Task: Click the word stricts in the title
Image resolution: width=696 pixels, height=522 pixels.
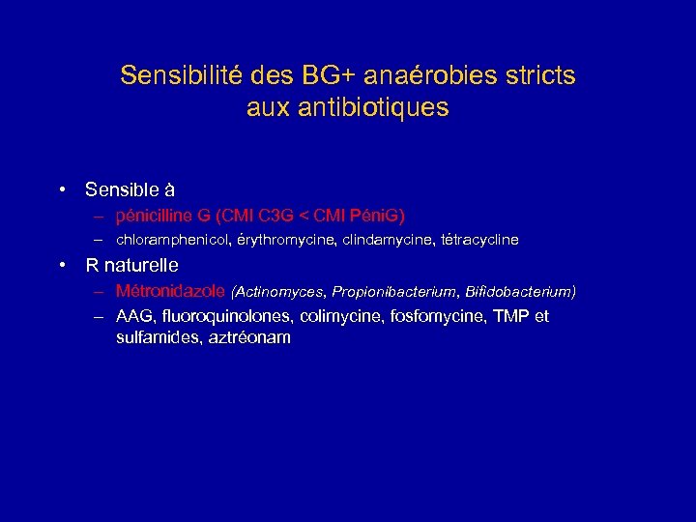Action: pos(544,75)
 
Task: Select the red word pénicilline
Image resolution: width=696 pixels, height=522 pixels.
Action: pos(154,215)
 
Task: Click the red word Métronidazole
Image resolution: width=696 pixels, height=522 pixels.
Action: pos(170,290)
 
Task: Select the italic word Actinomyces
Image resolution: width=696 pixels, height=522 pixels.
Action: pos(279,291)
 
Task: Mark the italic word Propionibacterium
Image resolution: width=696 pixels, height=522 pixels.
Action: pos(396,291)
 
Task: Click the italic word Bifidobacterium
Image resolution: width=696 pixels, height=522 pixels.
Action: pos(520,291)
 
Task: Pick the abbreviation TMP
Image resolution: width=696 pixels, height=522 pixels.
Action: pos(510,316)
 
